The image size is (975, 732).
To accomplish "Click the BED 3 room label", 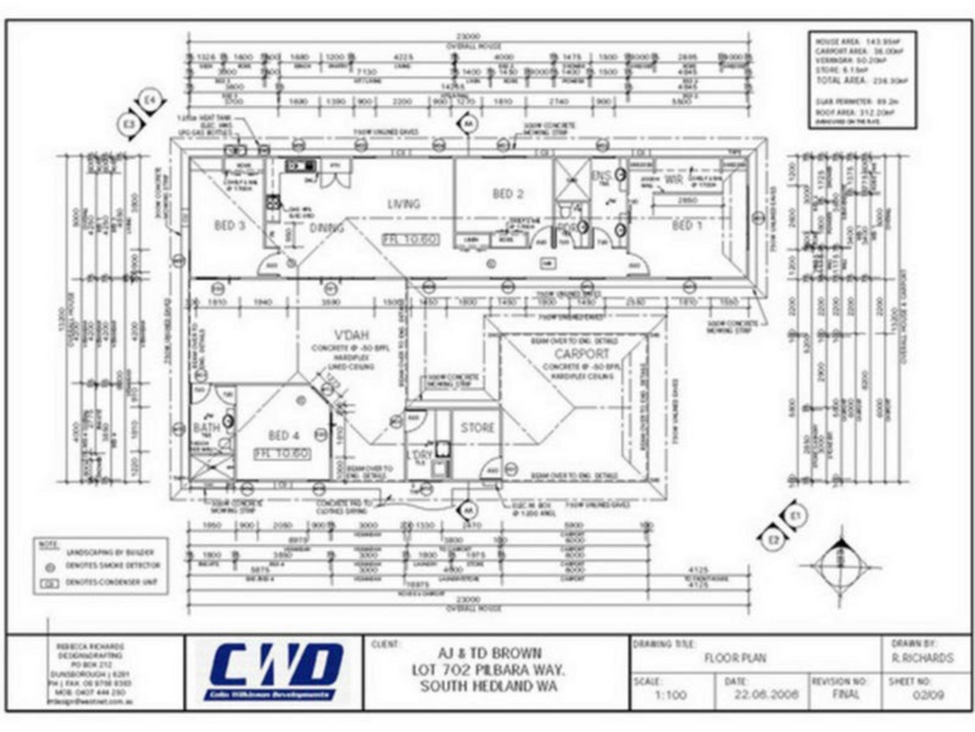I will [x=229, y=226].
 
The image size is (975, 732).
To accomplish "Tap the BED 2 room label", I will [x=508, y=194].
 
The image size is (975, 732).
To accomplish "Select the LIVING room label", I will [x=404, y=204].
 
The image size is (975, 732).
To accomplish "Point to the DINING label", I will [x=326, y=228].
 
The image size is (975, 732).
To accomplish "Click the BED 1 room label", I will [x=687, y=225].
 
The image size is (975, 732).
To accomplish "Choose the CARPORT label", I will [x=581, y=354].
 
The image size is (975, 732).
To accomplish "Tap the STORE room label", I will [x=477, y=427].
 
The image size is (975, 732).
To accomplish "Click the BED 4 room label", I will [x=284, y=436].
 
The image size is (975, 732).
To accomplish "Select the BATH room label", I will [x=206, y=427].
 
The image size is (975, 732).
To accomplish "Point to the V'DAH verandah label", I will [x=352, y=335].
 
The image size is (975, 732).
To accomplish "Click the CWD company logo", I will [x=276, y=671].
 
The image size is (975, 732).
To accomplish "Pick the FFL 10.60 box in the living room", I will [x=410, y=239].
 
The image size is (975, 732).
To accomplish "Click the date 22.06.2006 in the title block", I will [x=766, y=695].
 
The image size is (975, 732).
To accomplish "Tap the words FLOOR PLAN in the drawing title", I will [x=735, y=658].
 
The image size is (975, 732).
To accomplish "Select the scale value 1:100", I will [x=670, y=696].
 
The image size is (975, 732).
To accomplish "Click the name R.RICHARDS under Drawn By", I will [x=922, y=658].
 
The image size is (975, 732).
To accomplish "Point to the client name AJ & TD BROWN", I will [x=489, y=653].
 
